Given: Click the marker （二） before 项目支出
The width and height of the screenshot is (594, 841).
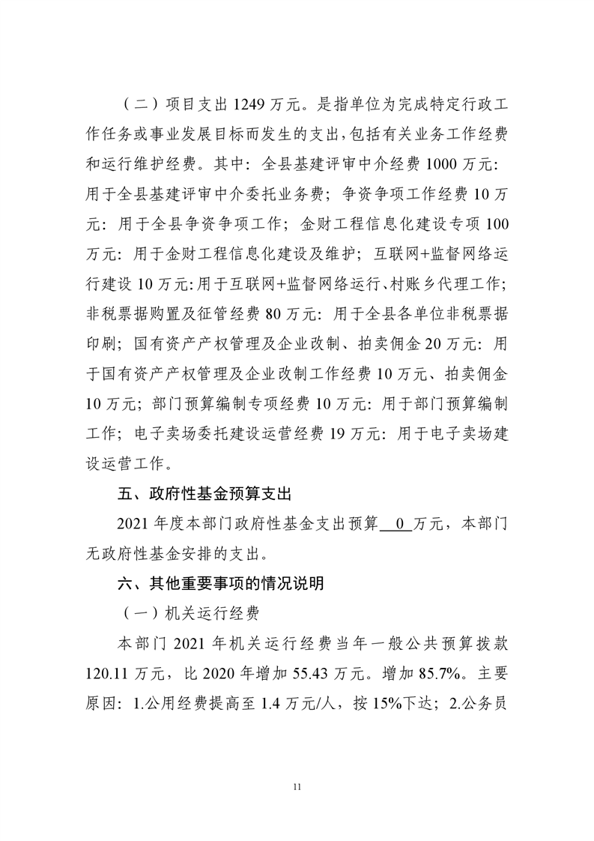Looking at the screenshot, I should (x=127, y=103).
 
